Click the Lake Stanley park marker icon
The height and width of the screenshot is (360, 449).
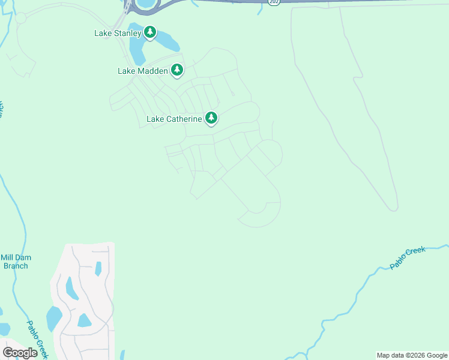[149, 32]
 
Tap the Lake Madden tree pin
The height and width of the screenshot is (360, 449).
[176, 70]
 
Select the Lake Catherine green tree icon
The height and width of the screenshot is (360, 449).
[211, 118]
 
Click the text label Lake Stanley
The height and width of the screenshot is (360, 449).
[118, 34]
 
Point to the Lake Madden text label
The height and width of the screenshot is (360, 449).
[143, 71]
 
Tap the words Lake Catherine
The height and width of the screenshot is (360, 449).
[174, 119]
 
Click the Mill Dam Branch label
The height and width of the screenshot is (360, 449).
[16, 262]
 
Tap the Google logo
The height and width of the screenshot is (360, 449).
[20, 352]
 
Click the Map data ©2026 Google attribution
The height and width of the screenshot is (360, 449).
[412, 355]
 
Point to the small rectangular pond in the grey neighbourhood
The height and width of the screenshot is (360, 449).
[98, 268]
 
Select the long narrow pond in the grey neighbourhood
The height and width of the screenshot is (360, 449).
[72, 288]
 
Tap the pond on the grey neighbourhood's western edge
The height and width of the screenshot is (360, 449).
[54, 317]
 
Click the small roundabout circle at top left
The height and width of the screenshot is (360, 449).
[21, 17]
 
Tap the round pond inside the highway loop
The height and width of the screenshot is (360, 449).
[145, 4]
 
